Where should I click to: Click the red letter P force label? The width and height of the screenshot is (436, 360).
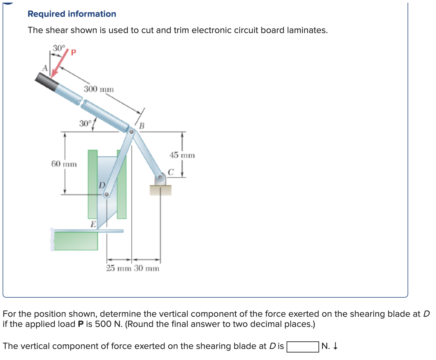coord(73,53)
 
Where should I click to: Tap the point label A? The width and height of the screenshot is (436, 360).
coord(45,68)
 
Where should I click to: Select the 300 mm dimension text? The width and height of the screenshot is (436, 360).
coord(99,89)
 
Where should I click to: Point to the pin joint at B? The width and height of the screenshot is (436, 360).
coord(131,132)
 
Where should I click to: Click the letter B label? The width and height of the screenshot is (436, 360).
coord(142,126)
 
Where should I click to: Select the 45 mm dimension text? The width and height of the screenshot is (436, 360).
coord(182,155)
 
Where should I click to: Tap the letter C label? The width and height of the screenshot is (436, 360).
coord(171,172)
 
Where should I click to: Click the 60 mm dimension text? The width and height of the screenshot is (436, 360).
coord(64,164)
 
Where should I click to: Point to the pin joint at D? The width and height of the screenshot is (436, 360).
coord(106,194)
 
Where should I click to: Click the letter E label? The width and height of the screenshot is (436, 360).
coord(93,224)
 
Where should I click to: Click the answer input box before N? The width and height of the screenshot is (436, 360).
coord(303,347)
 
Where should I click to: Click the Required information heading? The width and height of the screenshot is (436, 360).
coord(72,14)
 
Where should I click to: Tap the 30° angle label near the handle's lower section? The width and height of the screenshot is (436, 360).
coord(85,124)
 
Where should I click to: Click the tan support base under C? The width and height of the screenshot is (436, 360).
coord(160,190)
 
